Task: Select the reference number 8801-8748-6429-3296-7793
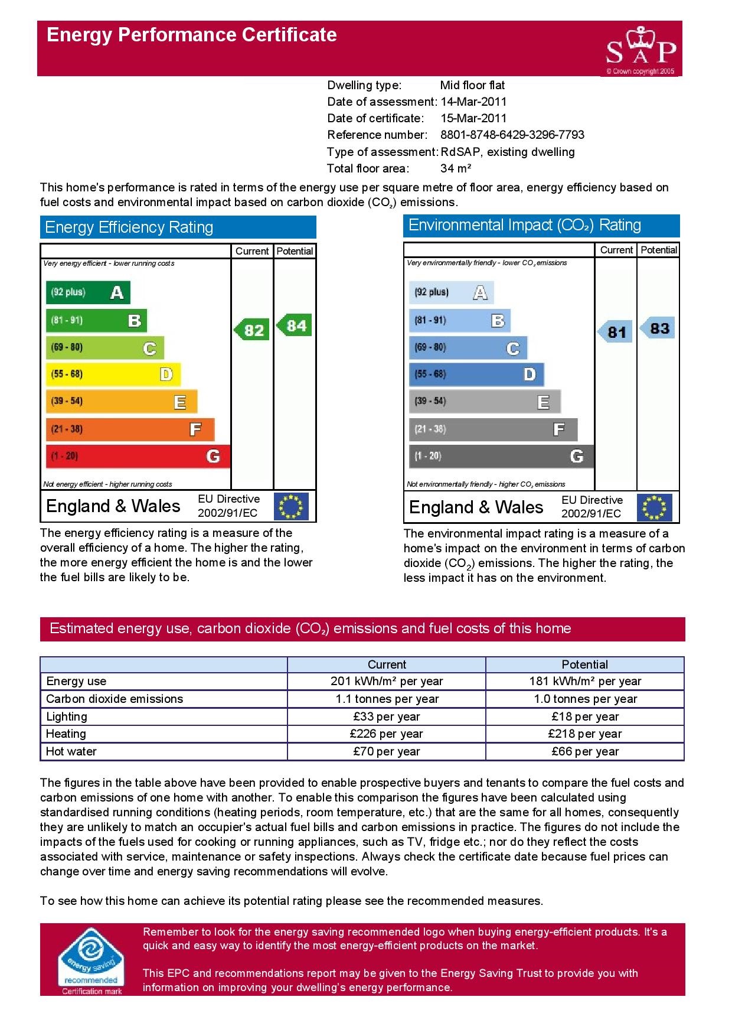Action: point(512,135)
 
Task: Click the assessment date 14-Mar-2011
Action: point(473,102)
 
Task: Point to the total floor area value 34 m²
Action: point(456,168)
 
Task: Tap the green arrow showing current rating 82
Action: point(253,330)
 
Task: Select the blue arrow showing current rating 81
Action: point(616,332)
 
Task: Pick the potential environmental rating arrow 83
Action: point(658,328)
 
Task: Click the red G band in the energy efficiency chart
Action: point(138,456)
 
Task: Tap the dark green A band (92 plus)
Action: point(88,292)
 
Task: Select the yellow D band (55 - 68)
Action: point(113,374)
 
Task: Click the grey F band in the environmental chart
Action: point(493,429)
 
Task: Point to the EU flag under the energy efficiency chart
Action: point(291,507)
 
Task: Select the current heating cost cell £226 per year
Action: point(386,734)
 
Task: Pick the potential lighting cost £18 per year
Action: point(584,716)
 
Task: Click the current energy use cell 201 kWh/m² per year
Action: point(386,681)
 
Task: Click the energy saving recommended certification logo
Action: point(91,962)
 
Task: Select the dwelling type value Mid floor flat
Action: point(472,85)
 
